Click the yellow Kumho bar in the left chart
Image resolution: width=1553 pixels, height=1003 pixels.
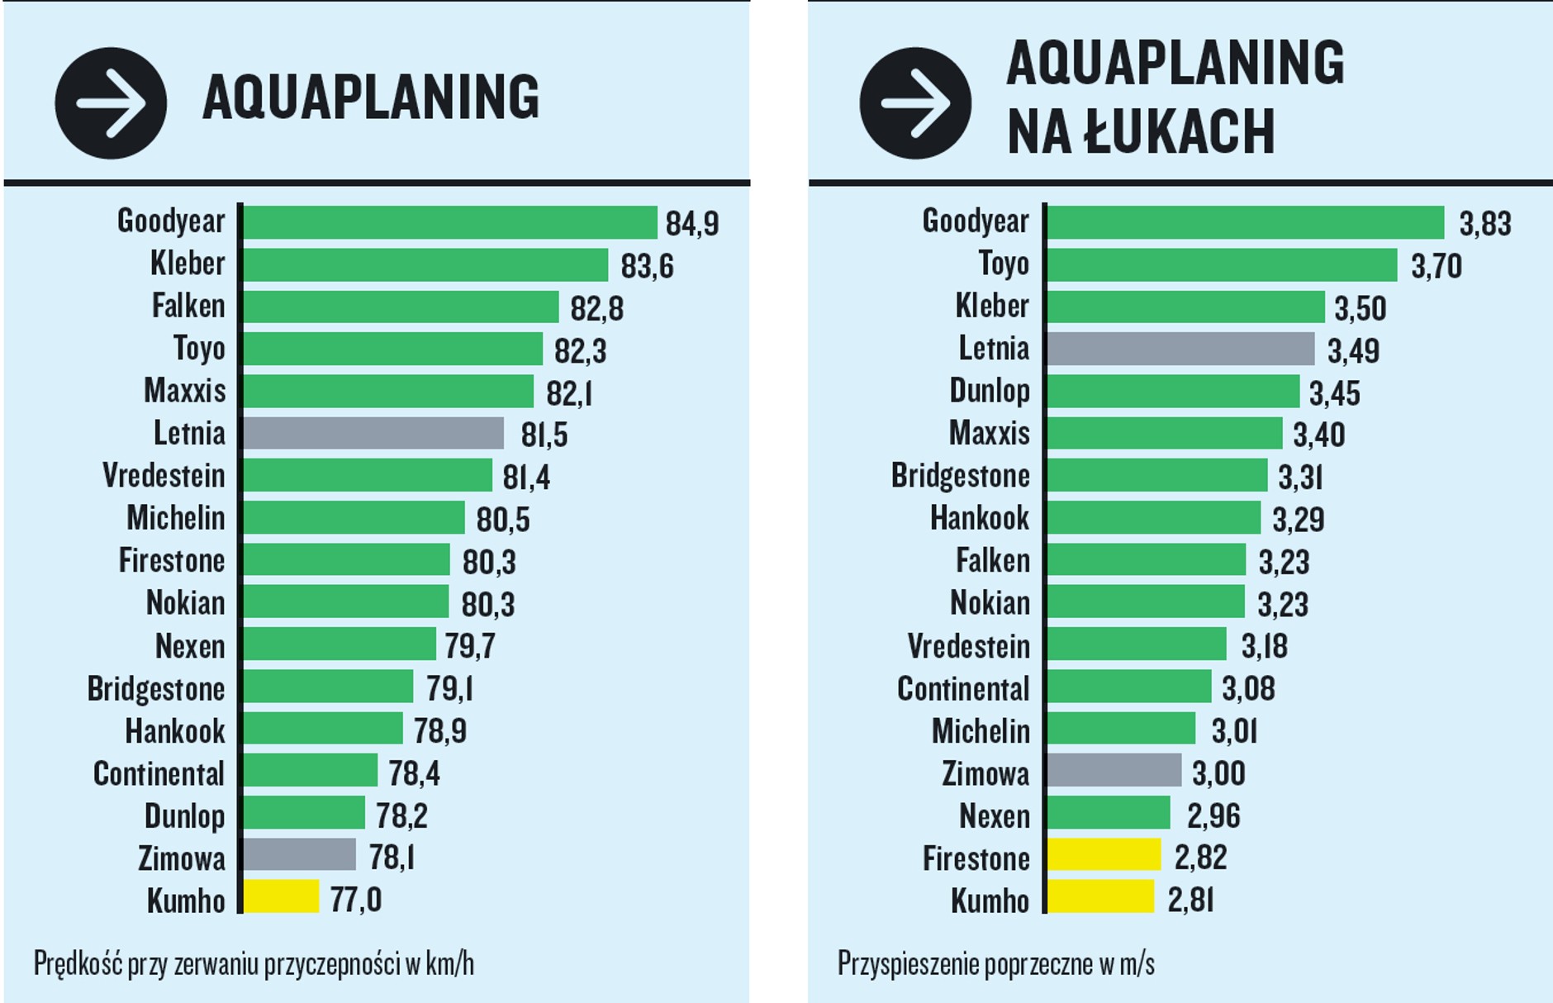click(x=281, y=897)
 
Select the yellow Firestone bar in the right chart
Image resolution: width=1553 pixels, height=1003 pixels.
click(x=1104, y=855)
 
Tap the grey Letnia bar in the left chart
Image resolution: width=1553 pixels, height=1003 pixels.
click(x=373, y=433)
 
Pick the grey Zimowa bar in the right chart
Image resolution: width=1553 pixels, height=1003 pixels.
click(x=1114, y=771)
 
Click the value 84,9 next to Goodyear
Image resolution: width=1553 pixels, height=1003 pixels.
click(x=692, y=224)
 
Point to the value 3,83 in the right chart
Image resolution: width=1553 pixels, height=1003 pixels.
click(x=1484, y=224)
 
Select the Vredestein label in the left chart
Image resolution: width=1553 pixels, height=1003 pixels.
click(x=164, y=476)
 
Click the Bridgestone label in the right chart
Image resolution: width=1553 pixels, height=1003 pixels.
click(x=960, y=476)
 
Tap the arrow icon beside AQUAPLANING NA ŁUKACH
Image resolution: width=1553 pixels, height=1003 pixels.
click(x=915, y=103)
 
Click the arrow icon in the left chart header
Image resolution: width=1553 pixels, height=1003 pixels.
click(x=111, y=103)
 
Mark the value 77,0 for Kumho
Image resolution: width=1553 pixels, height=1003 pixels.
click(x=355, y=899)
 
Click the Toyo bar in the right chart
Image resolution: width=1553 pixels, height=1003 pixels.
click(x=1222, y=265)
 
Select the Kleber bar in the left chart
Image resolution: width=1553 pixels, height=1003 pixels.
click(x=425, y=265)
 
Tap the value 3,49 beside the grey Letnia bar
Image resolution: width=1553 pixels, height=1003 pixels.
click(x=1353, y=351)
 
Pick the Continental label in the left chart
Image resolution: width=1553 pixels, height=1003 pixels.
click(x=159, y=774)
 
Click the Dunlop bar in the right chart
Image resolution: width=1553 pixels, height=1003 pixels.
click(x=1173, y=392)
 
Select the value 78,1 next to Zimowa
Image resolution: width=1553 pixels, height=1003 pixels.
click(x=392, y=858)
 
